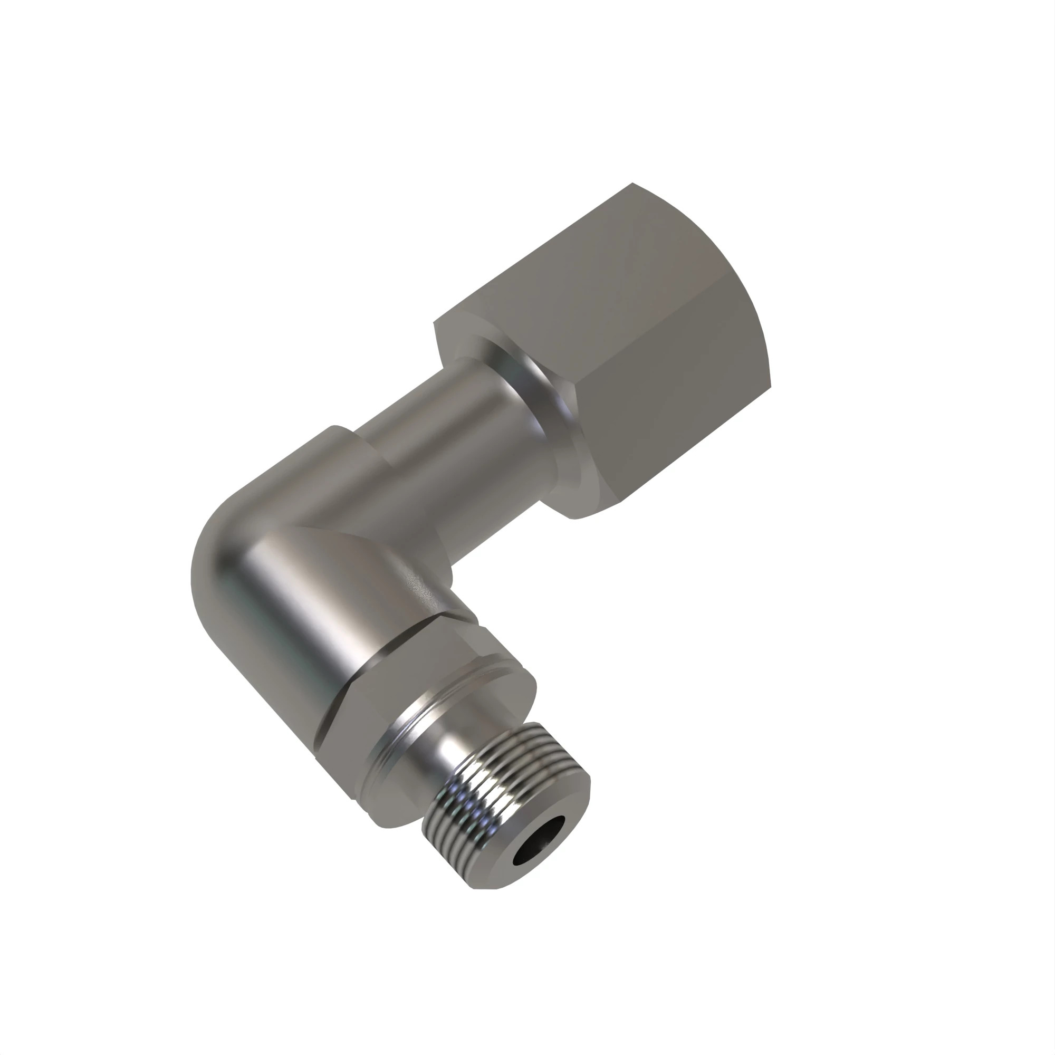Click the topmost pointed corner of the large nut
[x=632, y=184]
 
